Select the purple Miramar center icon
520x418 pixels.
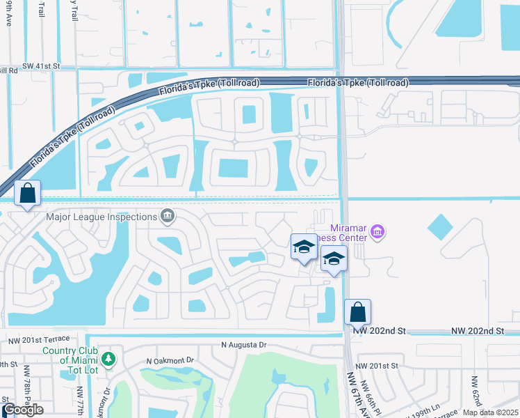coord(377,231)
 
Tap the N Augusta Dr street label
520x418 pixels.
coord(244,345)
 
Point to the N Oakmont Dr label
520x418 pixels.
coord(172,361)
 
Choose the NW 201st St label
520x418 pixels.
coord(376,365)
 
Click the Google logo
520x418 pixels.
coord(23,410)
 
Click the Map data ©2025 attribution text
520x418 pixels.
coord(489,413)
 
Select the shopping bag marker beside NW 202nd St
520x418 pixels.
coord(357,313)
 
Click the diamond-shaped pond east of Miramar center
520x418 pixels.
coord(439,227)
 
